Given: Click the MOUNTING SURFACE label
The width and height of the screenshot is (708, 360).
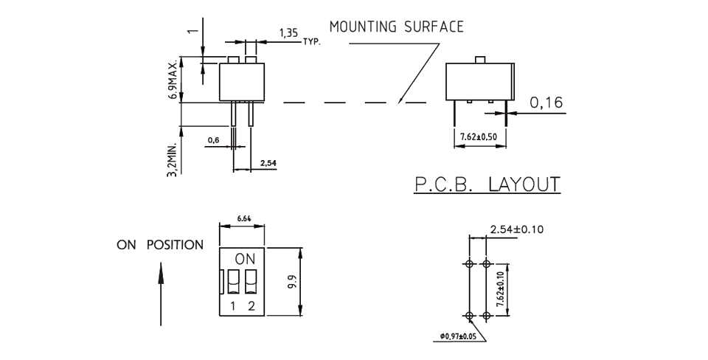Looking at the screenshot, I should click(x=396, y=27).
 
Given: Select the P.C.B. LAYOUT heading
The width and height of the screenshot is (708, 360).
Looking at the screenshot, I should click(x=487, y=184).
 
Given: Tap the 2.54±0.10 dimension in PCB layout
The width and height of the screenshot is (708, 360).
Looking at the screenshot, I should click(x=516, y=229).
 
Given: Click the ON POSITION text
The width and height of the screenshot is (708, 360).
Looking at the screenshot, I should click(x=160, y=245).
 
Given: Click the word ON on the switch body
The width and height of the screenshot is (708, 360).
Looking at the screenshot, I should click(x=243, y=260).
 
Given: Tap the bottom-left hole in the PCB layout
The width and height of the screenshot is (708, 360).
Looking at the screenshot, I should click(x=471, y=316).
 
